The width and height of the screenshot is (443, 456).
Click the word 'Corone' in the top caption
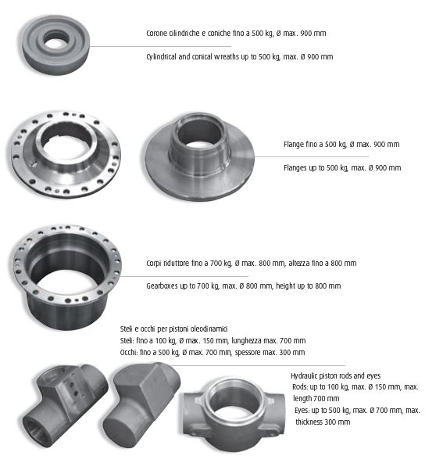pyautogui.click(x=158, y=34)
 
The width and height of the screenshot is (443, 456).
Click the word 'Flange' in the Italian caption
pyautogui.click(x=294, y=145)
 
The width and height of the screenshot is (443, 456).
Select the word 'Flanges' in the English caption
pyautogui.click(x=296, y=168)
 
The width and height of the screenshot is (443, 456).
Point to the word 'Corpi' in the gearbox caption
pyautogui.click(x=156, y=263)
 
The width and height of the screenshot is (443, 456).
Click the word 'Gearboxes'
pyautogui.click(x=165, y=286)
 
